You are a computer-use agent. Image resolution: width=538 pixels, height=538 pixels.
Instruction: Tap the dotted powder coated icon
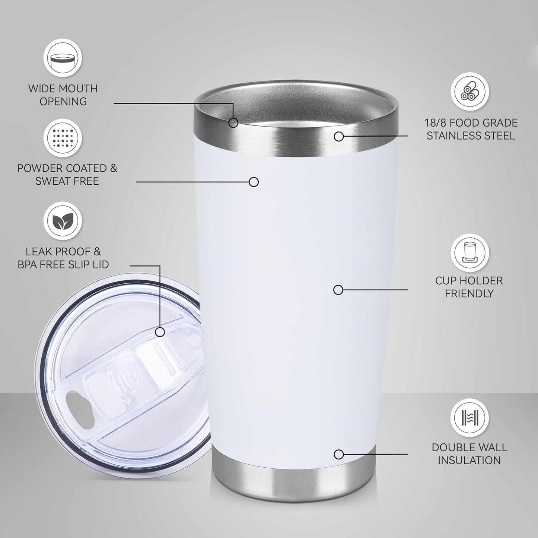(x=63, y=138)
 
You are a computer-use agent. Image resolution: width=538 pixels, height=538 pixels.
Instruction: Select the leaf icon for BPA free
(x=63, y=221)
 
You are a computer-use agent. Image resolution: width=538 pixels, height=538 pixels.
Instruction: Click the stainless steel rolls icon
(x=470, y=92)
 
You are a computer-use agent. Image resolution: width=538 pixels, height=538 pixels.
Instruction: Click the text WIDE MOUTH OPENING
(x=63, y=95)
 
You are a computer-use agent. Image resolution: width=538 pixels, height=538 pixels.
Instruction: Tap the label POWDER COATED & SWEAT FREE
(x=67, y=175)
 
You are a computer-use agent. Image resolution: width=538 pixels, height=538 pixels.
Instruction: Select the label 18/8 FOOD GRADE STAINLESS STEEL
(x=471, y=129)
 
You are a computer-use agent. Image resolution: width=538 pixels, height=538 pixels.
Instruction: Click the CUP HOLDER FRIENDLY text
(x=469, y=287)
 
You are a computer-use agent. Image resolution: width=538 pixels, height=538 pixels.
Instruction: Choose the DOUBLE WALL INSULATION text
(x=469, y=453)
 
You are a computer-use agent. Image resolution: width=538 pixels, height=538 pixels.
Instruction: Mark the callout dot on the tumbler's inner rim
(x=233, y=122)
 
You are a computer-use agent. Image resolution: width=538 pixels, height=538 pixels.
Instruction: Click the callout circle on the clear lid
(x=160, y=332)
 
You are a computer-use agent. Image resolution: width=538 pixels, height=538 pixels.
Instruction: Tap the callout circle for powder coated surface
(x=254, y=182)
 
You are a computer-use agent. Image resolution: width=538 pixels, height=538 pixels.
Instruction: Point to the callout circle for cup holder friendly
(x=338, y=290)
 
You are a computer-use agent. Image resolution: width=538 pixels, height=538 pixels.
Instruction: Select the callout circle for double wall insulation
(x=338, y=454)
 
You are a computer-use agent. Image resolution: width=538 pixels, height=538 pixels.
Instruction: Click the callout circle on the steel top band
(x=338, y=137)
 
